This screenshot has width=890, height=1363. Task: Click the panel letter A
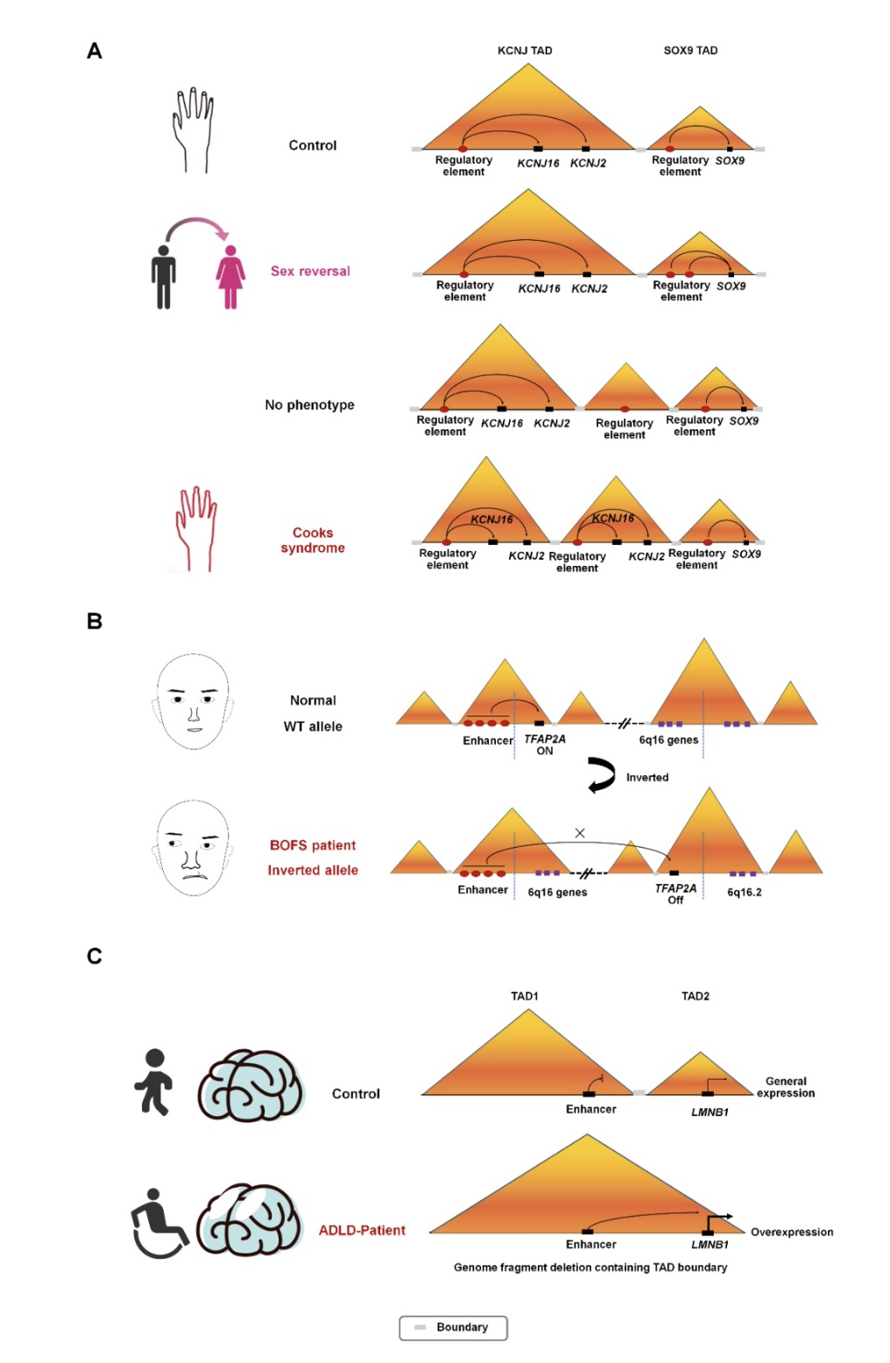pos(95,51)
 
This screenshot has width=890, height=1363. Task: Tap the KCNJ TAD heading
pos(525,51)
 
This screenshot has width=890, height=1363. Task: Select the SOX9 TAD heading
pos(690,51)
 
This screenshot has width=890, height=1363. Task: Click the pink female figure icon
pos(230,277)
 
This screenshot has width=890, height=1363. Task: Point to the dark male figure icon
pos(163,277)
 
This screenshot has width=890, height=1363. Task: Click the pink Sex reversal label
pos(310,271)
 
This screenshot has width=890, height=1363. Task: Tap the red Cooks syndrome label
pos(313,540)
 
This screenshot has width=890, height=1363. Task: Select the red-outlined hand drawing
pos(195,528)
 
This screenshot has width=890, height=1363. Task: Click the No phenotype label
pos(309,405)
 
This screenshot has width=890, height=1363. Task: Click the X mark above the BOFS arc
pos(580,832)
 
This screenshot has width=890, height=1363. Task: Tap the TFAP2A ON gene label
pos(545,745)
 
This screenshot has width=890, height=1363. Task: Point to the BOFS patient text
pos(313,845)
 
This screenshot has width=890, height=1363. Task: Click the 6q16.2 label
pos(744,892)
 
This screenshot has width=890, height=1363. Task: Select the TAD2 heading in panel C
pos(695,996)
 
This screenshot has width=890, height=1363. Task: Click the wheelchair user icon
pos(159,1224)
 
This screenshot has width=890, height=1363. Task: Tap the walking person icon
pos(153,1082)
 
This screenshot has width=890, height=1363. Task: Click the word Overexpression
pos(791,1232)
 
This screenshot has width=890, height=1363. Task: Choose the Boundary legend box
pos(453,1327)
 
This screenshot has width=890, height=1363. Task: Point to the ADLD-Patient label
pos(362,1230)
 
